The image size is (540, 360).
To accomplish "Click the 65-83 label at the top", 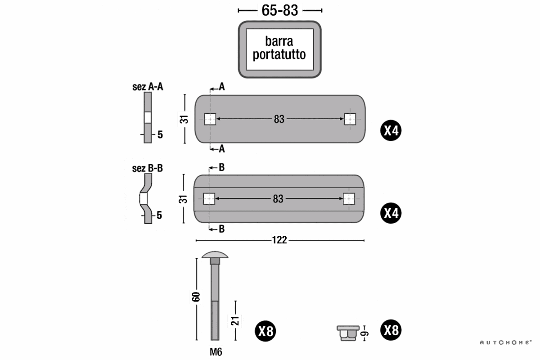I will [x=279, y=10].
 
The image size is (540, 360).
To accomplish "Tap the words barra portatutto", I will [x=279, y=48].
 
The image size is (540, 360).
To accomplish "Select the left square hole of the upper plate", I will [x=210, y=119].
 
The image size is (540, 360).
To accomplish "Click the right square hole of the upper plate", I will [x=350, y=119].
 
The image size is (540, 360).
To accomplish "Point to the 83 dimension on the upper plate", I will [x=279, y=119].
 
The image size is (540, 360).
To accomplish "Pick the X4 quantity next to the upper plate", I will [x=391, y=131].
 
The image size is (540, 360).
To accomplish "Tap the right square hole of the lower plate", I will [x=349, y=199].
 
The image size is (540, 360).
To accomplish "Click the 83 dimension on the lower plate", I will [x=278, y=199].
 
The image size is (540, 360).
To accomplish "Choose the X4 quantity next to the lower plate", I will [x=391, y=213].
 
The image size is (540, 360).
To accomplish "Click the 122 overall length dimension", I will [x=279, y=240].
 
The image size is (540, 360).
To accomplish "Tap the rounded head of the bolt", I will [x=215, y=256].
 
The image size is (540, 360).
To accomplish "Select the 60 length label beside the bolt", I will [x=196, y=297].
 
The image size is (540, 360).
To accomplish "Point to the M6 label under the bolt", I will [x=216, y=352].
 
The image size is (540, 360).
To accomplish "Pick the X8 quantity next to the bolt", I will [x=265, y=332].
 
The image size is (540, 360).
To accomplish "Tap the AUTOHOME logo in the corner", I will [x=505, y=342].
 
